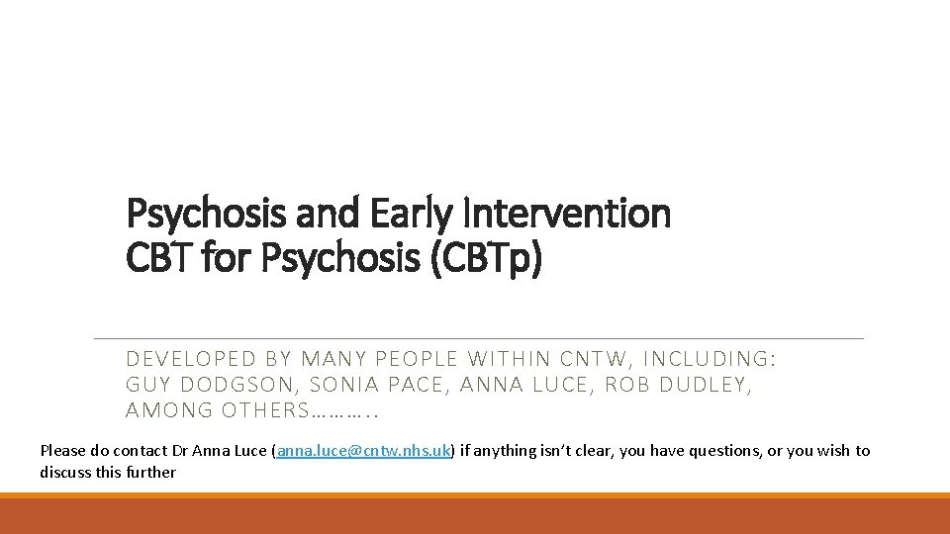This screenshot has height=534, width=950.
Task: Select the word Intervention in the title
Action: pyautogui.click(x=567, y=214)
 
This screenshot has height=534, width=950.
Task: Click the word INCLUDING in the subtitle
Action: pyautogui.click(x=710, y=359)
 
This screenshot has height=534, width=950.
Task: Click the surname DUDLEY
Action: pyautogui.click(x=706, y=385)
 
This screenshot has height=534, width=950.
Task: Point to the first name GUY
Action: pyautogui.click(x=146, y=385)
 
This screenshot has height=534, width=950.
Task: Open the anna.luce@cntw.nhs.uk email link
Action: pyautogui.click(x=363, y=451)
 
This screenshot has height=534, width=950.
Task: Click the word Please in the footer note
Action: pyautogui.click(x=62, y=451)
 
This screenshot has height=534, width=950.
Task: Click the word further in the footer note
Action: pyautogui.click(x=150, y=473)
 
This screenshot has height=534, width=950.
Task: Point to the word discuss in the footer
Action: pyautogui.click(x=65, y=473)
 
